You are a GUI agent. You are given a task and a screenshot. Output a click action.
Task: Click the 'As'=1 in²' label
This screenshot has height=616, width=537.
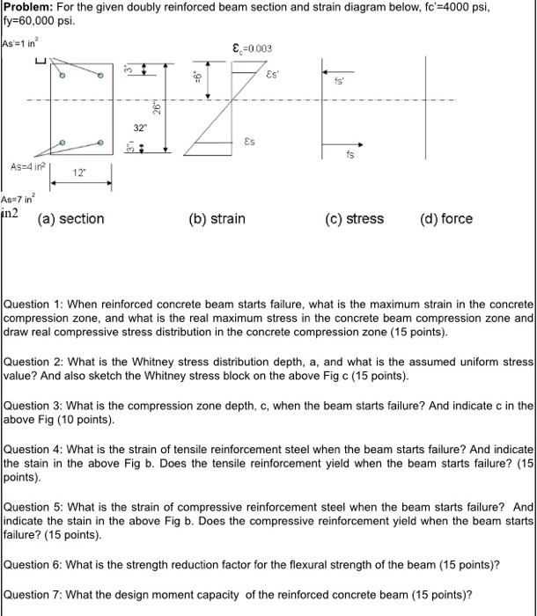[19, 43]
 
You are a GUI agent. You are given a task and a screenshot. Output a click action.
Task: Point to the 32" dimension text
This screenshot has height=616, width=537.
[140, 128]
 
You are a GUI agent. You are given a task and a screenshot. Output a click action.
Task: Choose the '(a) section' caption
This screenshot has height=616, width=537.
[70, 218]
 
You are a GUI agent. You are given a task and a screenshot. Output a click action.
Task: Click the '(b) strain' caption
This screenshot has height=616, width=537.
[217, 218]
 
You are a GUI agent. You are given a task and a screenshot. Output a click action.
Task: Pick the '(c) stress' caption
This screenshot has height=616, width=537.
[353, 218]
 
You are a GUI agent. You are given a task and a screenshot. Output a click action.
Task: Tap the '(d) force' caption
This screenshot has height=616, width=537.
[445, 218]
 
